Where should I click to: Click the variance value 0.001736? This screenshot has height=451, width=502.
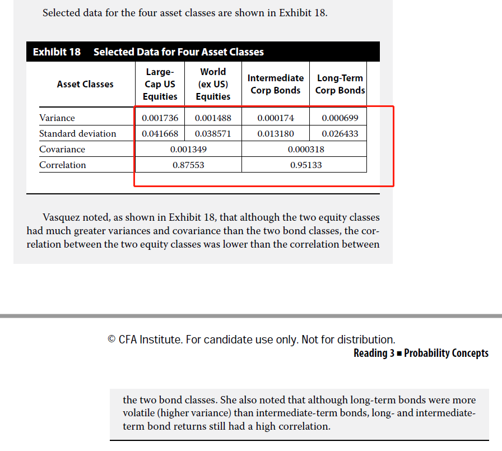160,118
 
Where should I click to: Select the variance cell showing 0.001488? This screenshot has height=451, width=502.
213,118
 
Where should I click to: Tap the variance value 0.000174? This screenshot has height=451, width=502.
276,118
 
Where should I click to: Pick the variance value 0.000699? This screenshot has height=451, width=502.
340,118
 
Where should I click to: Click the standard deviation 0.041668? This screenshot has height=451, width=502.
160,134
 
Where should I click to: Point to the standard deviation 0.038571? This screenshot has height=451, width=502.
213,134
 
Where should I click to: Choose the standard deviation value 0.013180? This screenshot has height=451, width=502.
276,134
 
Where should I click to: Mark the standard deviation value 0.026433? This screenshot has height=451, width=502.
340,134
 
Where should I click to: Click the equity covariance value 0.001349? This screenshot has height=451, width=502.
188,150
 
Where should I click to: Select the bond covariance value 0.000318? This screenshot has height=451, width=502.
306,150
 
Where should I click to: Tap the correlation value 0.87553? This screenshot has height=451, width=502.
188,165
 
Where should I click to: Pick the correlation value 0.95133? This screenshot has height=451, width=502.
306,165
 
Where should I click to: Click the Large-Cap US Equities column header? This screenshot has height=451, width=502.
160,84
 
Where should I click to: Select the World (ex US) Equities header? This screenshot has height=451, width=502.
213,84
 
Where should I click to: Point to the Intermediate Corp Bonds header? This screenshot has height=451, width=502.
276,84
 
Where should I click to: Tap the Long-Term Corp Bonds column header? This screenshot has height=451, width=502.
340,84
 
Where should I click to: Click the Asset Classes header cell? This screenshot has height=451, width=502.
85,84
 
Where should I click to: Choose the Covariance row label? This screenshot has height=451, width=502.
62,150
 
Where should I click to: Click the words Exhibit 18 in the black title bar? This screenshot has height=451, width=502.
57,52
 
